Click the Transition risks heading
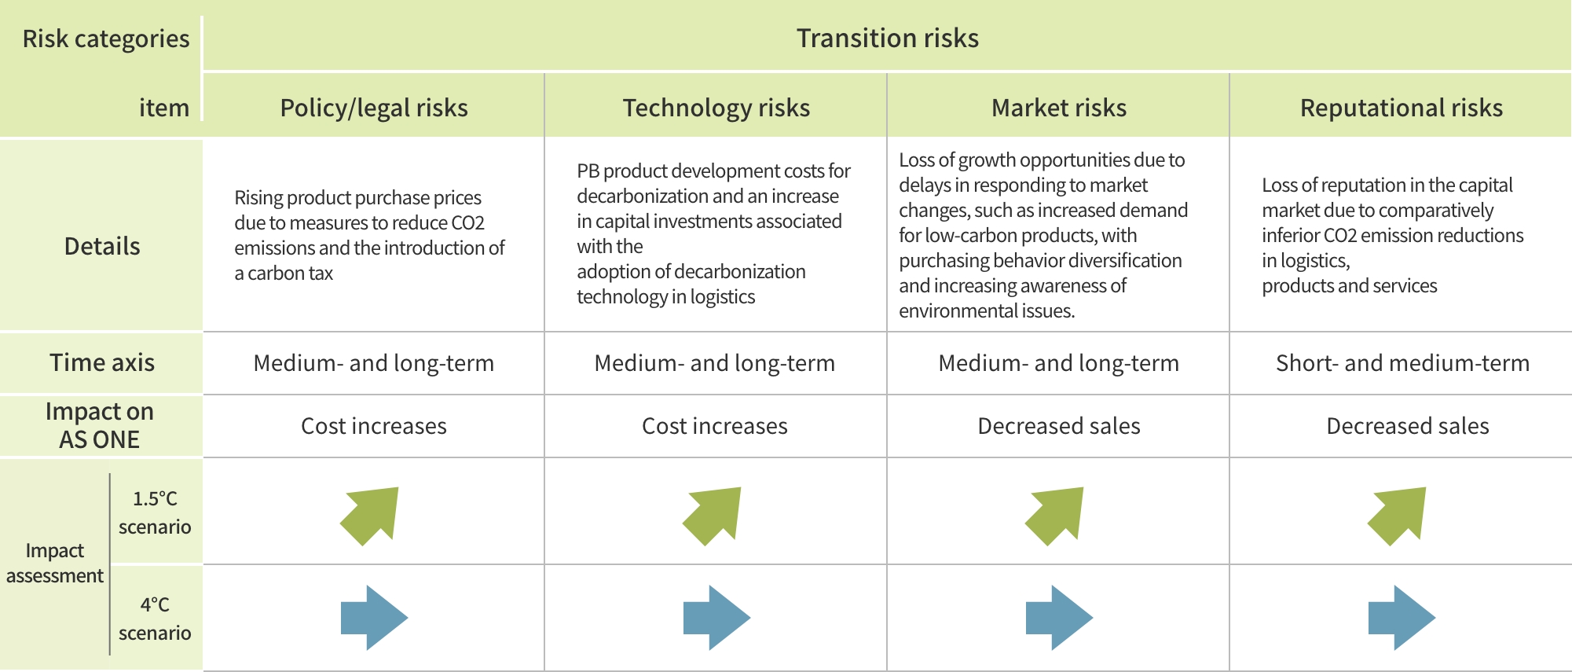click(888, 39)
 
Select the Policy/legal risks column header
click(374, 108)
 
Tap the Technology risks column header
click(716, 108)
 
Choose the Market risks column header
click(1059, 108)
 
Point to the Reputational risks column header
click(1402, 108)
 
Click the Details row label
click(102, 246)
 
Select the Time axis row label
click(102, 362)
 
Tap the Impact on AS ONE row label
click(100, 425)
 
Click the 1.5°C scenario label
click(155, 512)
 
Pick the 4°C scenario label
click(155, 619)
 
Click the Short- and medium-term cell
click(1402, 363)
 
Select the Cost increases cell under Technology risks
click(715, 426)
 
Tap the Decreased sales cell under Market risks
click(1059, 426)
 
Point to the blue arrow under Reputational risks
click(1402, 618)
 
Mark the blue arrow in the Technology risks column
click(716, 618)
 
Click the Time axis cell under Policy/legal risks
click(374, 363)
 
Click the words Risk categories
click(106, 39)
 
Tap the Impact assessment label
click(55, 563)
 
